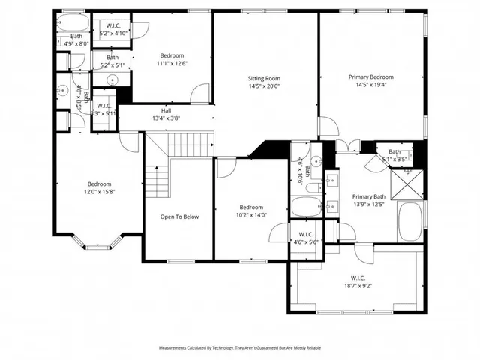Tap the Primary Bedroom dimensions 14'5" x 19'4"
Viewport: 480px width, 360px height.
[x=370, y=85]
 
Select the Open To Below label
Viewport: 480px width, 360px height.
[x=179, y=217]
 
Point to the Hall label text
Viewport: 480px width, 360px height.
[x=166, y=110]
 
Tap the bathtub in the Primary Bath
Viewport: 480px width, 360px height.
[x=410, y=220]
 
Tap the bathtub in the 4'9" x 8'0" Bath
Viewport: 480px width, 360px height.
[x=74, y=23]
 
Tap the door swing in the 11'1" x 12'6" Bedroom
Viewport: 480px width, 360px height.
[x=199, y=93]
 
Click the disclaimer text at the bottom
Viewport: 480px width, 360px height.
[x=240, y=348]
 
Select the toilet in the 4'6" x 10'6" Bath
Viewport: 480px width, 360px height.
[x=316, y=160]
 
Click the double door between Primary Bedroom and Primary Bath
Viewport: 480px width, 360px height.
[x=346, y=145]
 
